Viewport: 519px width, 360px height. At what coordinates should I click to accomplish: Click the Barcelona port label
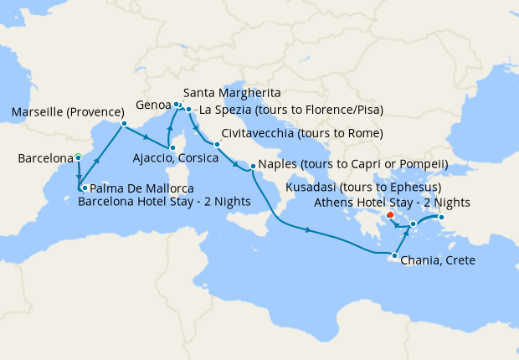coord(45,158)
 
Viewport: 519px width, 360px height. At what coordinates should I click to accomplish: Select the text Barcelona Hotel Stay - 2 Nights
coord(164,202)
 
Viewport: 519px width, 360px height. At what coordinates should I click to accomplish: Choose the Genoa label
coord(153,105)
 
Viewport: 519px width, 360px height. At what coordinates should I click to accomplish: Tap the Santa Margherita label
coord(231,92)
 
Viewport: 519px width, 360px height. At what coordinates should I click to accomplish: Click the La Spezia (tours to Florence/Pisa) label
coord(287,110)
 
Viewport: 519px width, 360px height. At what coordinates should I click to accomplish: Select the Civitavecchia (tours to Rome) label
coord(302,134)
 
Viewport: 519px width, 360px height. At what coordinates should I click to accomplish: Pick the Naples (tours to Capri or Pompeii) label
coord(354,164)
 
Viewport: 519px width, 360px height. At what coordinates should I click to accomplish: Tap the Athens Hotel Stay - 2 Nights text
coord(392,202)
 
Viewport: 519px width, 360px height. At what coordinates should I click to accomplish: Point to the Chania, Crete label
coord(438,260)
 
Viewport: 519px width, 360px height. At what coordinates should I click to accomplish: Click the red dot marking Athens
coord(390,215)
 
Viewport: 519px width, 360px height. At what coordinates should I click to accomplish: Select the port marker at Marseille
coord(124,124)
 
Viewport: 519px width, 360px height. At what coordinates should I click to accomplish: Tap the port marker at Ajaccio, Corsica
coord(172,147)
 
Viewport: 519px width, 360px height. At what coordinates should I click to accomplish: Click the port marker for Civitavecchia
coord(216,144)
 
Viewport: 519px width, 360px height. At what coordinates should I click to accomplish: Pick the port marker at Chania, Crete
coord(394,255)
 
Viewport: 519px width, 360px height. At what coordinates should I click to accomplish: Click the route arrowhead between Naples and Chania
coord(310,230)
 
